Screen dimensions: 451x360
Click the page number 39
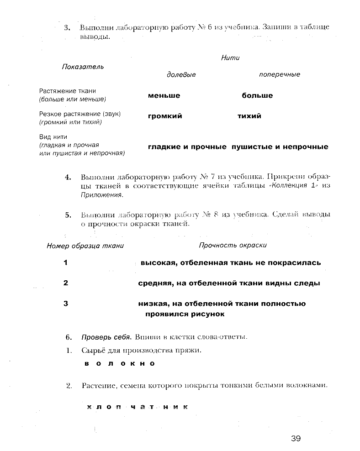coord(296,439)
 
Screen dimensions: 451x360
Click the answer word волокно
coord(120,364)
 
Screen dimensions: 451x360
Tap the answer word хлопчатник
coord(137,407)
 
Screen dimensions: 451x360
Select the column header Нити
coord(230,58)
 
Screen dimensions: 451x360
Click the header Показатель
coord(83,67)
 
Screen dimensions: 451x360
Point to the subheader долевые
coord(181,74)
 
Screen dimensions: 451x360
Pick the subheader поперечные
coord(280,74)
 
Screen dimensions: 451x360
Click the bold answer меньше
coord(164,95)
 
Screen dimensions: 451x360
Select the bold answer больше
coord(257,95)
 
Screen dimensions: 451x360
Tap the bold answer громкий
coord(165,116)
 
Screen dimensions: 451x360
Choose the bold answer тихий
coord(249,116)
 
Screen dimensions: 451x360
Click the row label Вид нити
coord(53,136)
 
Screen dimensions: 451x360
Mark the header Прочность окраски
coord(233,245)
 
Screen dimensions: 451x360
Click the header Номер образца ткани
coord(85,246)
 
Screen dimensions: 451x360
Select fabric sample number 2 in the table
coord(66,283)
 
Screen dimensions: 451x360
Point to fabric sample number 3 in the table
coord(66,304)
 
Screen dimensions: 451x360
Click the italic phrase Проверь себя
coord(106,337)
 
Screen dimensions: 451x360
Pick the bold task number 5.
coord(68,215)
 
